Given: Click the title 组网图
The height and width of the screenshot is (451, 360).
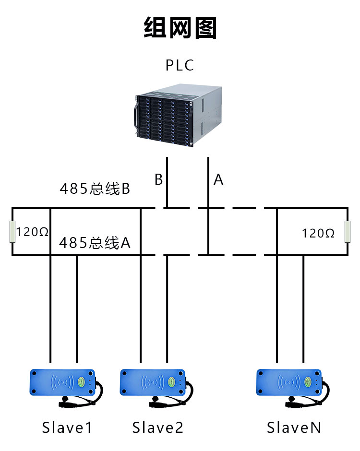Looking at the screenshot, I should (180, 28).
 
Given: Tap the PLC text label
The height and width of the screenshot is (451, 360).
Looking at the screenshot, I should (180, 65).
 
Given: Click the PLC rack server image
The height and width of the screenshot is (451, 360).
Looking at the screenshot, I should (177, 115).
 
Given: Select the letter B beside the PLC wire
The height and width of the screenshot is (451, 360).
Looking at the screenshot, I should (158, 179).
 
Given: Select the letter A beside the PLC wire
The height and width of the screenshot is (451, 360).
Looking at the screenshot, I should (218, 179).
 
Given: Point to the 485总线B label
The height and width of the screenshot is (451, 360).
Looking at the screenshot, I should (95, 189).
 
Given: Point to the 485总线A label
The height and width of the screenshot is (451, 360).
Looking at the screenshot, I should (95, 244).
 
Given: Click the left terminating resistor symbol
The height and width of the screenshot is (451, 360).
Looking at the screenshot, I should (12, 232).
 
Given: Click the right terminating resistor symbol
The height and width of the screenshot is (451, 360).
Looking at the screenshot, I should (347, 232).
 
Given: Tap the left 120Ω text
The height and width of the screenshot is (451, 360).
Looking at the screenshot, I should (33, 232).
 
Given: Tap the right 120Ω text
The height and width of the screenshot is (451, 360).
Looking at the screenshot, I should (318, 233).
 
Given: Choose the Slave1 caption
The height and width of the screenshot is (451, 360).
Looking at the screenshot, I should (67, 427).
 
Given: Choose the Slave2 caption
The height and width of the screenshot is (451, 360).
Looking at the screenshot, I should (158, 427).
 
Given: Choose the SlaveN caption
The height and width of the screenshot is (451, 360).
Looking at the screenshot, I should (294, 427).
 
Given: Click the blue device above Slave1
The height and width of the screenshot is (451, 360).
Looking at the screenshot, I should (62, 382).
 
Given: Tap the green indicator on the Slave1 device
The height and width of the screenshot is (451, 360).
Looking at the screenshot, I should (82, 382).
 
